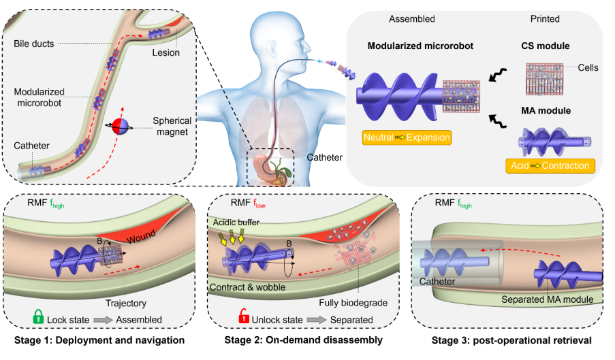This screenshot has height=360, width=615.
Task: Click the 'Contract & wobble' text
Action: pos(251,287)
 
